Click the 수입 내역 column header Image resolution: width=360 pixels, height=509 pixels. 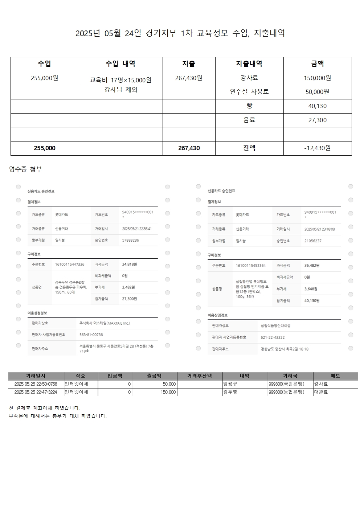click(120, 64)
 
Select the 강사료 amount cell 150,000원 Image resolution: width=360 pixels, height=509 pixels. click(317, 78)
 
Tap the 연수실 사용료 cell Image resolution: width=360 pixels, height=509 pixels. click(249, 92)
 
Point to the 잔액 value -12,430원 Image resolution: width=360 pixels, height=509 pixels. click(317, 148)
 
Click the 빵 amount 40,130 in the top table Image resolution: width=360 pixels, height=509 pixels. click(317, 106)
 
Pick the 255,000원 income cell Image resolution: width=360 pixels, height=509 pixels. click(45, 78)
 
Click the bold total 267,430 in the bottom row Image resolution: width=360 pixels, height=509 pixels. click(189, 148)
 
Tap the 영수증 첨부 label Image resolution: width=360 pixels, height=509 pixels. click(25, 169)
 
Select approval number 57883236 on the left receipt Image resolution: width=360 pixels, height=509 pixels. click(131, 240)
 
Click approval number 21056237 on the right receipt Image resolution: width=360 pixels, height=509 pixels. click(313, 241)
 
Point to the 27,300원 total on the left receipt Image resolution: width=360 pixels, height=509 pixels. click(130, 299)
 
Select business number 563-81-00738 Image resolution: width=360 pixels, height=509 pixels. click(91, 335)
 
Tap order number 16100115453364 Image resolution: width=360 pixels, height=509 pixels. click(251, 266)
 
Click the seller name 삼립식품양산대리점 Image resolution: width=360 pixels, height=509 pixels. click(275, 326)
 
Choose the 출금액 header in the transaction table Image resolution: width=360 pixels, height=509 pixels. click(154, 376)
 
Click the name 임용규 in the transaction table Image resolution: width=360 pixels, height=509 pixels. click(230, 384)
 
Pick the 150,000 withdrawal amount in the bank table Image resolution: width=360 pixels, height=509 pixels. click(168, 392)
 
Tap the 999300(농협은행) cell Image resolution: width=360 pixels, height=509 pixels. click(286, 392)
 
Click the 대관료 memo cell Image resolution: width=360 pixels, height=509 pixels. click(321, 392)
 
